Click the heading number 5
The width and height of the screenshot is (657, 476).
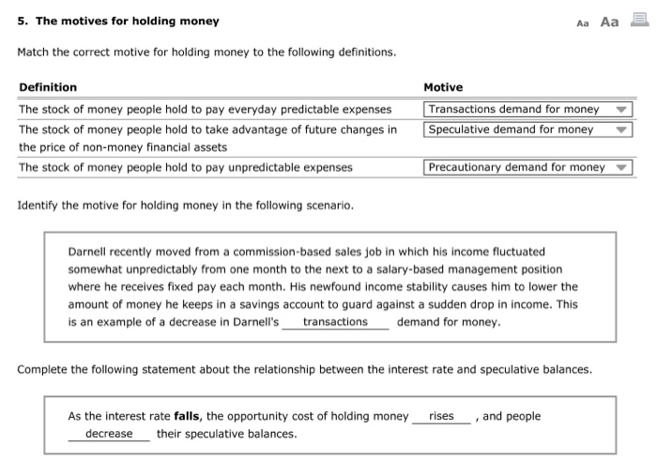22,21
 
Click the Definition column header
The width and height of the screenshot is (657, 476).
48,87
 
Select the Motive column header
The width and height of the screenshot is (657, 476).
443,87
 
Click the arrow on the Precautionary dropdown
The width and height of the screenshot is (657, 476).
620,168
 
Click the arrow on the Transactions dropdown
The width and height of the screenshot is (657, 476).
620,110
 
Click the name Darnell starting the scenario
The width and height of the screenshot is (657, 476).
89,252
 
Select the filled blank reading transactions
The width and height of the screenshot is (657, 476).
335,322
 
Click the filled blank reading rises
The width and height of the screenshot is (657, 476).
441,416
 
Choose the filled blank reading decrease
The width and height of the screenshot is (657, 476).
109,434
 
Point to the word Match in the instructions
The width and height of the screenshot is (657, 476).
35,52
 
